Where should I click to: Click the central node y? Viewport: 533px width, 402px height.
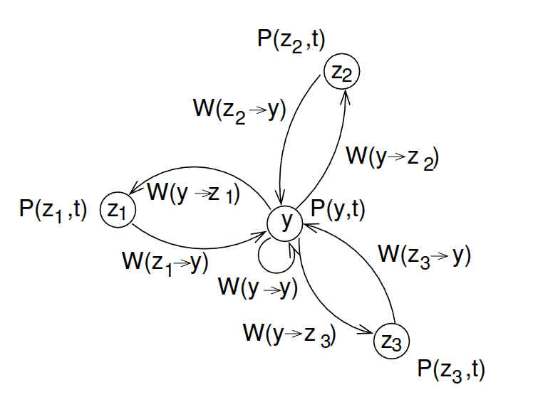coord(286,223)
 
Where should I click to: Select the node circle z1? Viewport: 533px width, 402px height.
coord(116,209)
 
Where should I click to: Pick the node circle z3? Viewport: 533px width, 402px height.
coord(391,341)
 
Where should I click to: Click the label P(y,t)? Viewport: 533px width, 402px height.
coord(338,208)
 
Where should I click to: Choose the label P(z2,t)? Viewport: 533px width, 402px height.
coord(291,41)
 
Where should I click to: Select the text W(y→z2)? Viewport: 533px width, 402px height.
coord(391,157)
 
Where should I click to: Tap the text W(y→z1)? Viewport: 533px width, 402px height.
coord(193,192)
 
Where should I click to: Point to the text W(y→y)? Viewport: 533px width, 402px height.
coord(257,288)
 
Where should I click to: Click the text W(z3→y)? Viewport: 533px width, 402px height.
coord(424,254)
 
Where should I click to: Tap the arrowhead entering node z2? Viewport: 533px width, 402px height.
coord(347,93)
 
